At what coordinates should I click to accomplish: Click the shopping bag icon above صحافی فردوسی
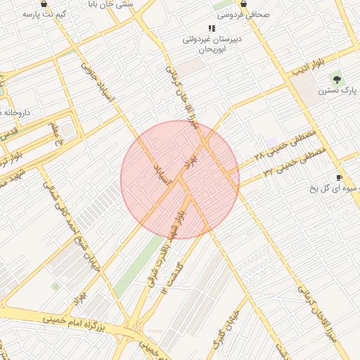pyautogui.click(x=243, y=3)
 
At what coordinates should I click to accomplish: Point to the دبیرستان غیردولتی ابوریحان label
pyautogui.click(x=212, y=44)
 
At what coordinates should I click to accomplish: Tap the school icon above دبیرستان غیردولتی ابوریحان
pyautogui.click(x=212, y=29)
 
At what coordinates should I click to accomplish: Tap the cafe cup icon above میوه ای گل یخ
pyautogui.click(x=339, y=177)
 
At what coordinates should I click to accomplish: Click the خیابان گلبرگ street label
pyautogui.click(x=226, y=330)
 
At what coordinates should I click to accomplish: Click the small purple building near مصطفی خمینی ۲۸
pyautogui.click(x=272, y=143)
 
